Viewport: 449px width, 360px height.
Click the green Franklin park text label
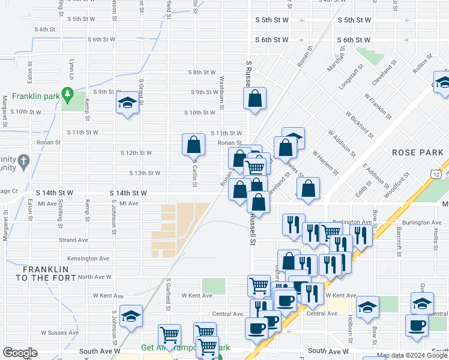[x=36, y=96]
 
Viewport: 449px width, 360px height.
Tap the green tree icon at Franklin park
[x=68, y=94]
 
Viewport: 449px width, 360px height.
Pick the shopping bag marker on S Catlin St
[x=194, y=144]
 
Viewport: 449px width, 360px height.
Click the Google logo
[x=20, y=353]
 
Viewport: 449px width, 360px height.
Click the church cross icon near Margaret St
[x=23, y=161]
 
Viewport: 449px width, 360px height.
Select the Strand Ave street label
[x=74, y=240]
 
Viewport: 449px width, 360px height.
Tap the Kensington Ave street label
[x=89, y=259]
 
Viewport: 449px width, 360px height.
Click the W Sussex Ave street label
[x=60, y=332]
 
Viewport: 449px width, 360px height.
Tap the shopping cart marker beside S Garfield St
[x=169, y=334]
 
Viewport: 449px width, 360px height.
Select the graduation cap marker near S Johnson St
[x=130, y=316]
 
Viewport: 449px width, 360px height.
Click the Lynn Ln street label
[x=71, y=67]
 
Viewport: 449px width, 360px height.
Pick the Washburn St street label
[x=221, y=88]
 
